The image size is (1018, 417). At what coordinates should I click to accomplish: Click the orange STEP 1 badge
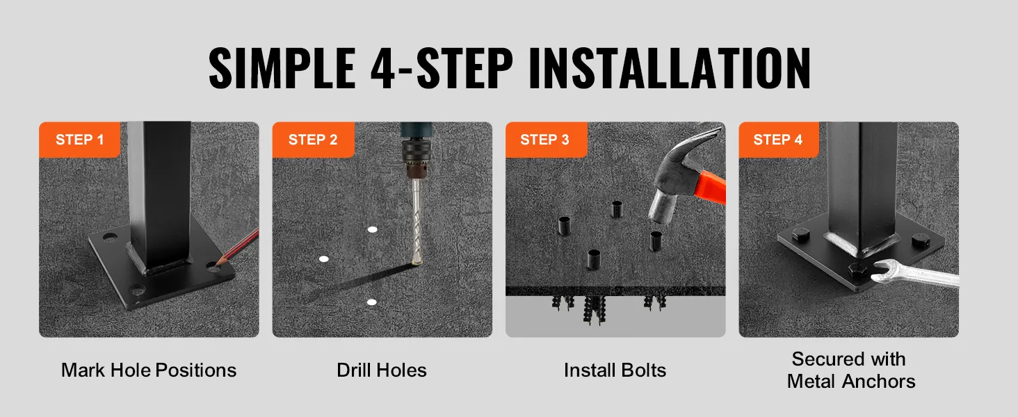79,140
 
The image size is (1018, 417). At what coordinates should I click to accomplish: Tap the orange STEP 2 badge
313,140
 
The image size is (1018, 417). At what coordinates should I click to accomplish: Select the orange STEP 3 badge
547,140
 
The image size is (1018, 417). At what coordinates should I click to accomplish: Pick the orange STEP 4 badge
779,140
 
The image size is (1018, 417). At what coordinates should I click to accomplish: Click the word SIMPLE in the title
282,67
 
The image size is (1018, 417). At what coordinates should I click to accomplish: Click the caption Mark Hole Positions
149,370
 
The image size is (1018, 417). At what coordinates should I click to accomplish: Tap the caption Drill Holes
382,370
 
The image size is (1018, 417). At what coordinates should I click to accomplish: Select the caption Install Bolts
615,370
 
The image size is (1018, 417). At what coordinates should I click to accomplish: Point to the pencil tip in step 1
217,262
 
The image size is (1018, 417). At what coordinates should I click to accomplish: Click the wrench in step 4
914,274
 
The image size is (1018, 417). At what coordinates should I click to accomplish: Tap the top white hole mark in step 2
372,229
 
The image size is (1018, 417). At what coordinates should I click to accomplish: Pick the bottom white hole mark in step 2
371,302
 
